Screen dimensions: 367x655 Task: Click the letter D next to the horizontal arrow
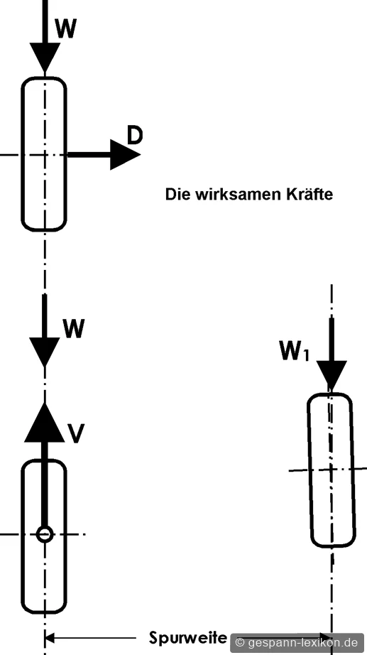tap(135, 136)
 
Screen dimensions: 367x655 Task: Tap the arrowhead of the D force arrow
tap(125, 155)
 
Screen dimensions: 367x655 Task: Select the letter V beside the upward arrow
tap(77, 433)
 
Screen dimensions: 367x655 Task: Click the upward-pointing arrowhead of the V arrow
tap(45, 422)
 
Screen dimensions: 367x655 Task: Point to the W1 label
tap(295, 352)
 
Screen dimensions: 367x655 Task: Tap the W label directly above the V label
tap(74, 328)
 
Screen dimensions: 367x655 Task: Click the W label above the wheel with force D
tap(65, 29)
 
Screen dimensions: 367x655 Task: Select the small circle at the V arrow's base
tap(45, 534)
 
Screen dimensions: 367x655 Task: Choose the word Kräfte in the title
tap(310, 194)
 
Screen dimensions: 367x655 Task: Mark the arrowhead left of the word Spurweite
tap(50, 638)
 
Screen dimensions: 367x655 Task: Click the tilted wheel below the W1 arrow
tap(332, 470)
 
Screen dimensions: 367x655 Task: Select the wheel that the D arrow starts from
tap(44, 154)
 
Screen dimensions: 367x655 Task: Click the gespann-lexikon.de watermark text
tap(302, 642)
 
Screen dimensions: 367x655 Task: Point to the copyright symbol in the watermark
tap(240, 642)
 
